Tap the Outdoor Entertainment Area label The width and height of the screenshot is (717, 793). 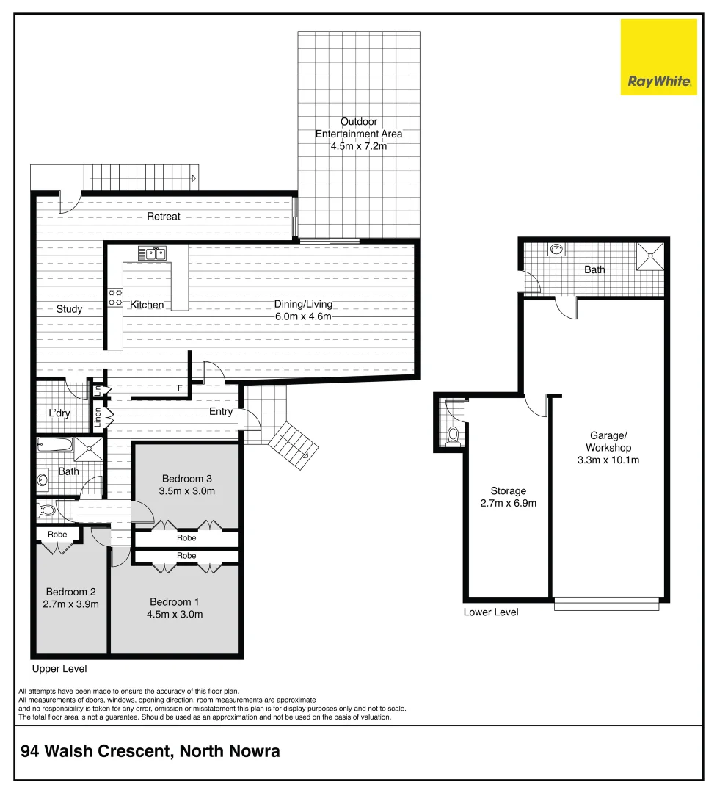358,128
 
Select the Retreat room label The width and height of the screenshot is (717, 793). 163,217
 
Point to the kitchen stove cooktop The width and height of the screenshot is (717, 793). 116,297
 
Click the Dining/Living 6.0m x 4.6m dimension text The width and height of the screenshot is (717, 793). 303,316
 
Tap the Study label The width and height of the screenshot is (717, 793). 69,309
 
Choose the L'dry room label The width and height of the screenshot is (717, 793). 59,413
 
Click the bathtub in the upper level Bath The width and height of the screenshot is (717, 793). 55,445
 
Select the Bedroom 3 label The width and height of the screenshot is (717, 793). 187,479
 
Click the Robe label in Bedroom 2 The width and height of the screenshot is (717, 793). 57,535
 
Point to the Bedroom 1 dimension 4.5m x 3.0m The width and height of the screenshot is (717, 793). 174,615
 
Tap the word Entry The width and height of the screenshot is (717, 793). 221,412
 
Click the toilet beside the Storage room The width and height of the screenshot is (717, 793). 454,436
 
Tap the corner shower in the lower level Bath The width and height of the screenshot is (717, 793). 650,256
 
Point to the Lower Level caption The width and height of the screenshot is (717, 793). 491,612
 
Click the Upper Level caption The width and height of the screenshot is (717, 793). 59,669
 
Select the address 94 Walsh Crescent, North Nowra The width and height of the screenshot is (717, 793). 150,752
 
